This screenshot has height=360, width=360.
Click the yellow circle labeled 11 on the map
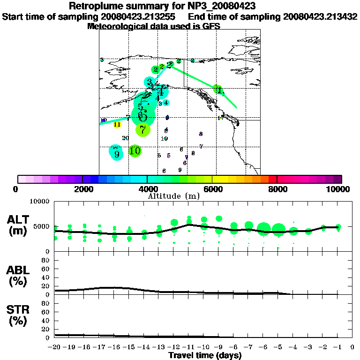(x=117, y=124)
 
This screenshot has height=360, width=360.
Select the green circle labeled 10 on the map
(x=135, y=151)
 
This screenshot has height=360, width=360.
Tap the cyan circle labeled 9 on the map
(x=116, y=153)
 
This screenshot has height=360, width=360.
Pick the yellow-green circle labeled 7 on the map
(x=143, y=129)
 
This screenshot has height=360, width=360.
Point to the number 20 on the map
(x=125, y=138)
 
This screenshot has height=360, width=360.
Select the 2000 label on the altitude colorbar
(x=82, y=189)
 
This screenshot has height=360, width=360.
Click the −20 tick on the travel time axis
(x=55, y=347)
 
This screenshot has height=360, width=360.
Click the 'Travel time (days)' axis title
(x=205, y=355)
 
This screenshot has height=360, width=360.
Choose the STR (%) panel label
(x=18, y=315)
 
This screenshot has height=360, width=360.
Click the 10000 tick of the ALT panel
(x=40, y=202)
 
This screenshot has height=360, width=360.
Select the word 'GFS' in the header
(x=211, y=27)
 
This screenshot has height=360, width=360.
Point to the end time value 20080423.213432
(x=320, y=17)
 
